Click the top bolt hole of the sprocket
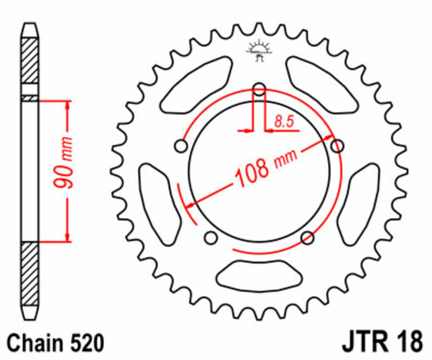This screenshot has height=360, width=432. point(259,89)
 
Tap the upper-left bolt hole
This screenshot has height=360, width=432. point(181,146)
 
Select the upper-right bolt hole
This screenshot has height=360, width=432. point(337,146)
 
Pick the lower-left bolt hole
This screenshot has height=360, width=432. point(211,237)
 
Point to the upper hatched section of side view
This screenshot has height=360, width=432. point(30,59)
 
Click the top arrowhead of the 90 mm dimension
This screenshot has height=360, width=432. point(67,105)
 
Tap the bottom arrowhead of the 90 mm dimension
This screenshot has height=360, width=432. point(67,236)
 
